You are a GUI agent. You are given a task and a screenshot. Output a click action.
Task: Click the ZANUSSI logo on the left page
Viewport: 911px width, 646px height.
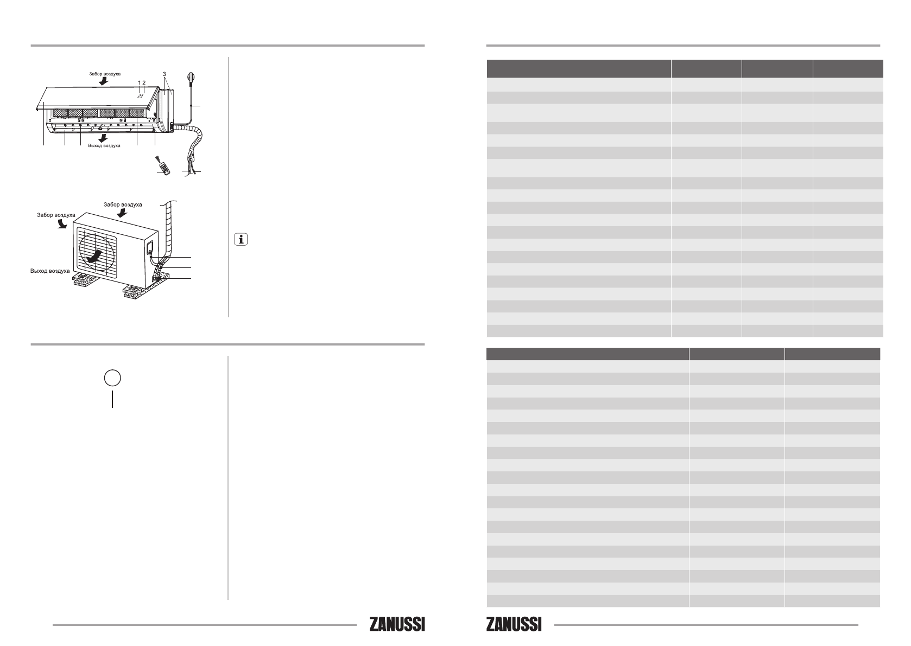[x=397, y=624]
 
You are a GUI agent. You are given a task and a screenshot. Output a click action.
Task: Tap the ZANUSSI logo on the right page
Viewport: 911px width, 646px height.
[x=514, y=624]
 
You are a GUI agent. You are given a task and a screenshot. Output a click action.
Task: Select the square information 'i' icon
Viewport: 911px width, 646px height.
[x=241, y=239]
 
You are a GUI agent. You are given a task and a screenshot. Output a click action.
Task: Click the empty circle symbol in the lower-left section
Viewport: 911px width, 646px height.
[x=112, y=378]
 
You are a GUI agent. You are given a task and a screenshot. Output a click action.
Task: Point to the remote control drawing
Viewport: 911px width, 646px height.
[x=163, y=167]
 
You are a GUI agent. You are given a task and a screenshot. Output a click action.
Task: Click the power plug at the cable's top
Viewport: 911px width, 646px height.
[x=191, y=78]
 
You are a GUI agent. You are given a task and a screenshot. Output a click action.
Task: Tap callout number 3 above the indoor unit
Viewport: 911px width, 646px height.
[x=165, y=74]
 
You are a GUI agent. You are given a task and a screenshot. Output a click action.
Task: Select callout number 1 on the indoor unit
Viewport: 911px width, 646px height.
[x=140, y=82]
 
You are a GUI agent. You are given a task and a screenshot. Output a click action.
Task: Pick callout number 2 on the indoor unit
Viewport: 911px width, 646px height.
[x=144, y=82]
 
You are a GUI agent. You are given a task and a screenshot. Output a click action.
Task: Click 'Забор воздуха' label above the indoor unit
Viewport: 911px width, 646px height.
[x=105, y=74]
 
